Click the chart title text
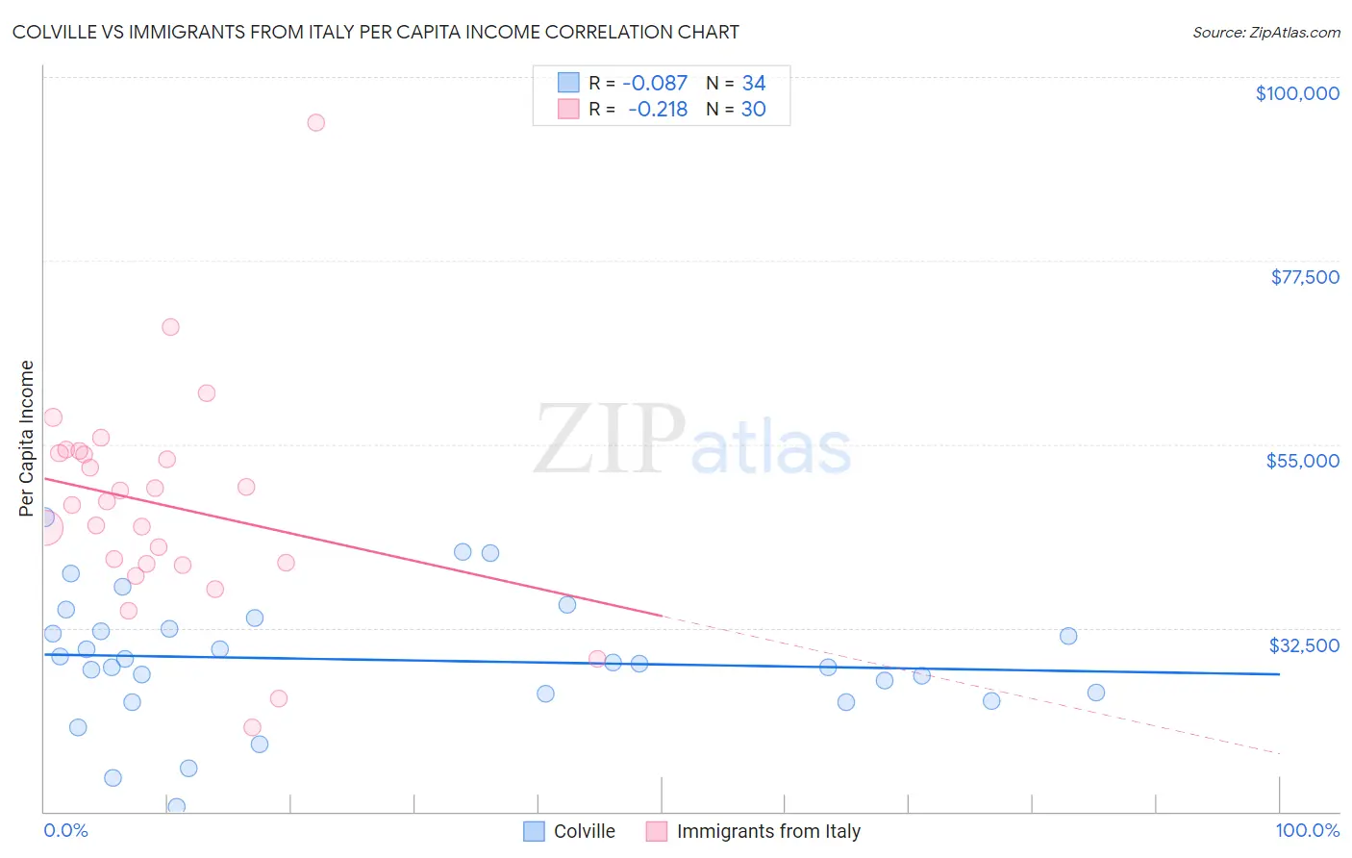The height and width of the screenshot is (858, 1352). pos(375,32)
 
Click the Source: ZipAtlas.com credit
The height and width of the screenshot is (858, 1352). pos(1265,33)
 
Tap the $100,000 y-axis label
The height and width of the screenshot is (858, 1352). pos(1296,93)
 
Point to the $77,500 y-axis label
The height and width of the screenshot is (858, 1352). pos(1304,277)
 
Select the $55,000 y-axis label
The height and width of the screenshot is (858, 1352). pos(1302,461)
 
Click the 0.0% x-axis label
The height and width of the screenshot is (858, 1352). pos(65,830)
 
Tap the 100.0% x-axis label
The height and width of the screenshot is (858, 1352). pos(1307,830)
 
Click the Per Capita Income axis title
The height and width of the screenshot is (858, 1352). pos(27,438)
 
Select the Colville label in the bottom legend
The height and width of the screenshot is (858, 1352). pos(584,831)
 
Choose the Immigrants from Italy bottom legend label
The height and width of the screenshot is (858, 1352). pos(767,831)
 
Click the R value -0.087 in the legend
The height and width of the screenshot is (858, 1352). pos(655,84)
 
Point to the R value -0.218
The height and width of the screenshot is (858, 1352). pos(658,110)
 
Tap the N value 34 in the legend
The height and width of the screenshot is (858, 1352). pos(753,84)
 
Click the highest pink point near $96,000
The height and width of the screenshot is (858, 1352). pos(315,122)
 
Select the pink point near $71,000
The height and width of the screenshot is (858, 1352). pos(170,327)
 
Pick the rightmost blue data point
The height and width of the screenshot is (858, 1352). pos(1095,693)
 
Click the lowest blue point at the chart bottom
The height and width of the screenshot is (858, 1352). pos(176,806)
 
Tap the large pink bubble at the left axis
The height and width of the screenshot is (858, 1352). pos(45,528)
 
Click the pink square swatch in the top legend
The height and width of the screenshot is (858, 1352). pos(568,110)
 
